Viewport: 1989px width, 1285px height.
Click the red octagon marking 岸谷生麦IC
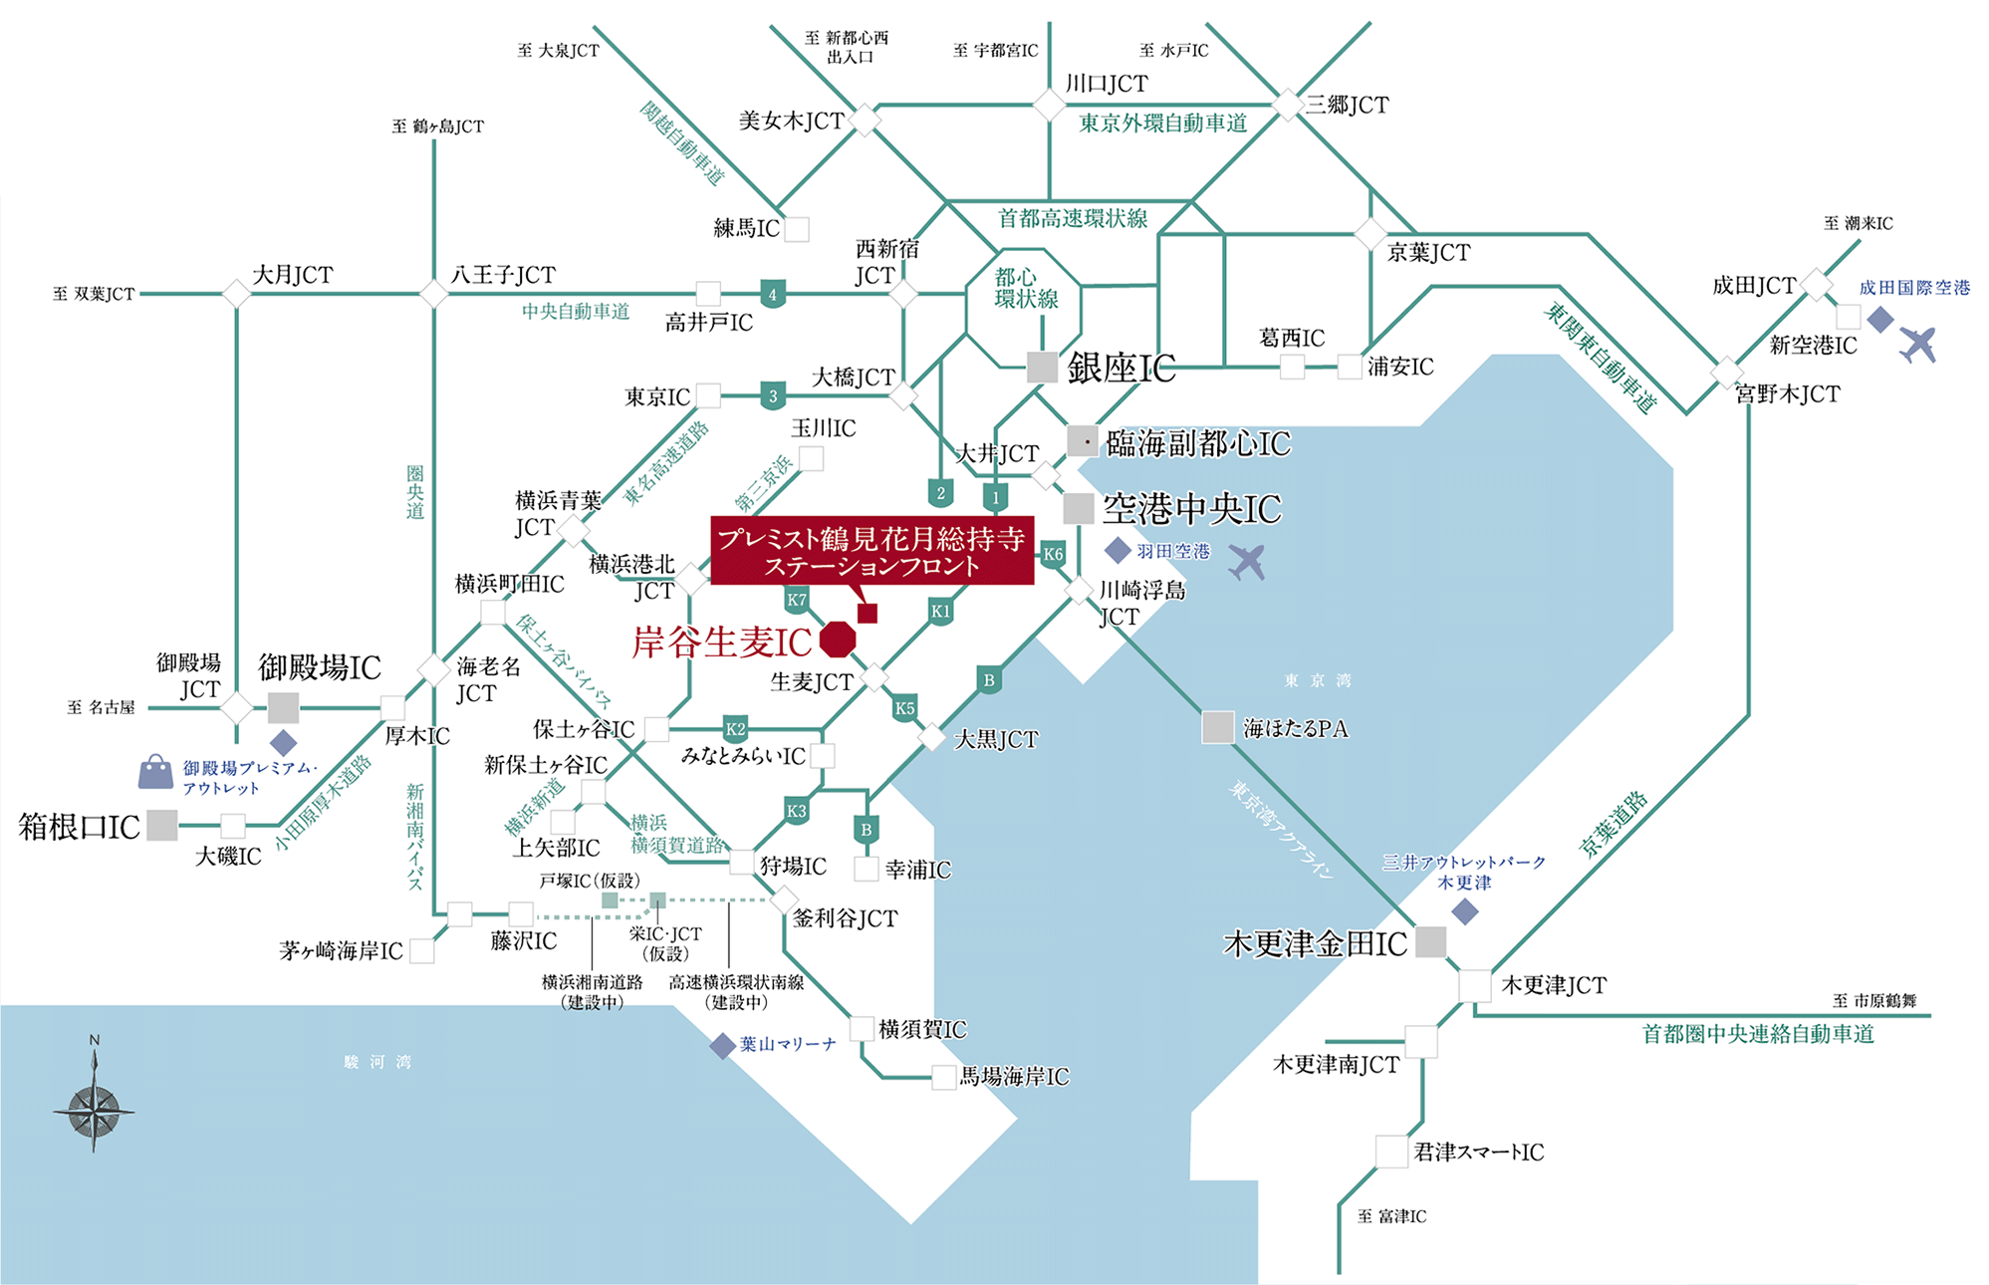point(838,640)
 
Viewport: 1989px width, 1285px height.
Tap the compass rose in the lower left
point(94,1107)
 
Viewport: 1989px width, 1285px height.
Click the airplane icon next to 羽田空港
point(1247,561)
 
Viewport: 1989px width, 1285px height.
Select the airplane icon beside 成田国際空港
point(1917,344)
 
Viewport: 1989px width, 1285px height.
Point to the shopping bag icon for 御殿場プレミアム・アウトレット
point(155,772)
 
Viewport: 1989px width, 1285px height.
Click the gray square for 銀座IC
point(1042,367)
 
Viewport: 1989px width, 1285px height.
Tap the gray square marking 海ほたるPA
point(1217,727)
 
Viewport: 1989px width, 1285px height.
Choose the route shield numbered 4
point(772,294)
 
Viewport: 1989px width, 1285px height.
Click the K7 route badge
point(796,600)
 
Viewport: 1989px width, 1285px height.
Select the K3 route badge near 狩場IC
point(796,811)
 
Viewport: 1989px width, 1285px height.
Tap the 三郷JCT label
point(1347,105)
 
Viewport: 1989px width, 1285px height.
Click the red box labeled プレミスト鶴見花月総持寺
point(871,551)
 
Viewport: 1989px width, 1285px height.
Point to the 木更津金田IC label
point(1315,943)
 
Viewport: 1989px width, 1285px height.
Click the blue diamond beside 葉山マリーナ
point(722,1046)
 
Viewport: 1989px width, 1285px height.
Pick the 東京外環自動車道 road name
point(1162,124)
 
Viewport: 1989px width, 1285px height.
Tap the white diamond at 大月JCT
point(236,294)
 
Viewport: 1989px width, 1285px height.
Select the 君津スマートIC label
point(1478,1153)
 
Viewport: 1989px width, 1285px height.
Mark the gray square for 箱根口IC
point(162,825)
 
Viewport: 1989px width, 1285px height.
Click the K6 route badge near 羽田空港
point(1053,554)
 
